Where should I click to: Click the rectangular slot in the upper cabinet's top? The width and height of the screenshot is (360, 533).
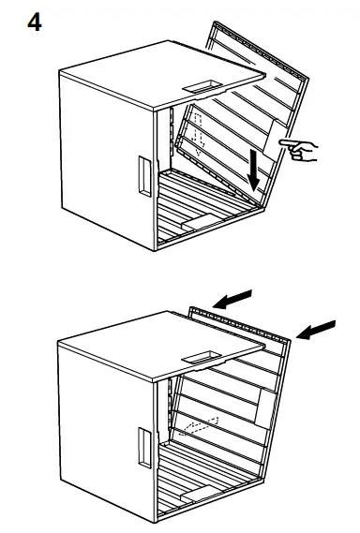pos(199,85)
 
